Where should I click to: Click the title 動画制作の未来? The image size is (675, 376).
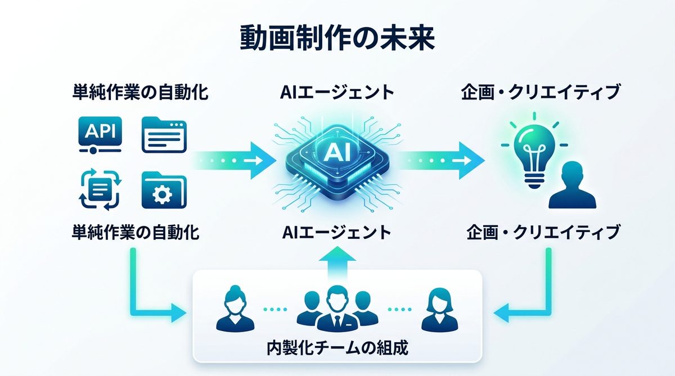[337, 39]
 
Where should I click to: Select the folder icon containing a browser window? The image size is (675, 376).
[164, 134]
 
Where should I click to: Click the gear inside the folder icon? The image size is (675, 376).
[164, 192]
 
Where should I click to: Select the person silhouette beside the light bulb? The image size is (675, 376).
[571, 185]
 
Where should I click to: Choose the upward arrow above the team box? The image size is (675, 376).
[337, 260]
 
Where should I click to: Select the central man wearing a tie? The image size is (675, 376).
[337, 309]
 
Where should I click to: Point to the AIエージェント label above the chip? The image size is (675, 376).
[337, 92]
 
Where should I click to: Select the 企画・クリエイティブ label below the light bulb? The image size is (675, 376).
[543, 232]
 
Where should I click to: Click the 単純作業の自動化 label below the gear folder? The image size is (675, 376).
[136, 232]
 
